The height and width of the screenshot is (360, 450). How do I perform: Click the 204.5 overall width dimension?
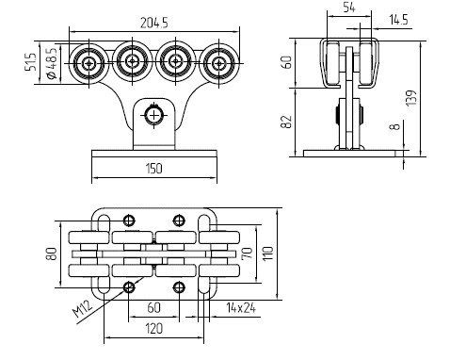154,23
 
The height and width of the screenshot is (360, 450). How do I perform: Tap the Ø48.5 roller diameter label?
52,63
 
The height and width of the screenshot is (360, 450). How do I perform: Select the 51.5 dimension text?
31,61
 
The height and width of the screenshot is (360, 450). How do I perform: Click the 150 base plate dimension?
154,169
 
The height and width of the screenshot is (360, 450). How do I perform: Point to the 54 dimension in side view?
348,8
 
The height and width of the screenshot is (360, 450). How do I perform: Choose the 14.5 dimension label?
398,20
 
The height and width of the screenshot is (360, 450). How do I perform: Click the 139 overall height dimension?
411,98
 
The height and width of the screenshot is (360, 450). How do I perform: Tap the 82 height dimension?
286,122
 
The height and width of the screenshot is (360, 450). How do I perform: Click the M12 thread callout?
83,308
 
